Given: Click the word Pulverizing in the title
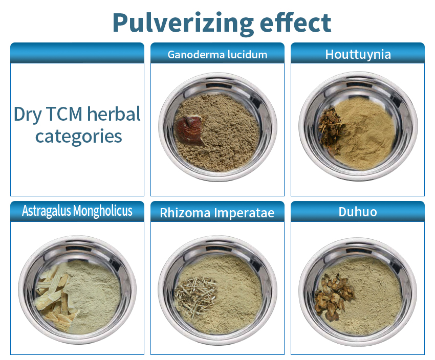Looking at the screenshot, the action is pyautogui.click(x=183, y=24).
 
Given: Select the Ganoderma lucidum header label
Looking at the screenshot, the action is pyautogui.click(x=217, y=55).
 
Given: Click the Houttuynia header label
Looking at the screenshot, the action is pyautogui.click(x=358, y=54).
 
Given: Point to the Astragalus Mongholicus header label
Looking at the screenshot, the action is pyautogui.click(x=77, y=211).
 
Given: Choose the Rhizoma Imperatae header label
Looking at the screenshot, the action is pyautogui.click(x=217, y=213).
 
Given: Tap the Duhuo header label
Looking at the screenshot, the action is pyautogui.click(x=358, y=212).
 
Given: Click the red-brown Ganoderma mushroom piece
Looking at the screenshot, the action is pyautogui.click(x=190, y=130).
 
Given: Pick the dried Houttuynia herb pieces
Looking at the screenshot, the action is pyautogui.click(x=330, y=130).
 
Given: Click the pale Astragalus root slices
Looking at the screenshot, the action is pyautogui.click(x=55, y=298).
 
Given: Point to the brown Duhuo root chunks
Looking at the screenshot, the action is pyautogui.click(x=334, y=297).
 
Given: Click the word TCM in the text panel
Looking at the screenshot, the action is pyautogui.click(x=64, y=114).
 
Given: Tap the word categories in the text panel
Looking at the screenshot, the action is pyautogui.click(x=78, y=136).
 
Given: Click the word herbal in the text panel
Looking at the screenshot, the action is pyautogui.click(x=114, y=114).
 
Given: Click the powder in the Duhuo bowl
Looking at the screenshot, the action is pyautogui.click(x=372, y=297).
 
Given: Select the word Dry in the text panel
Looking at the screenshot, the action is pyautogui.click(x=28, y=115).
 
